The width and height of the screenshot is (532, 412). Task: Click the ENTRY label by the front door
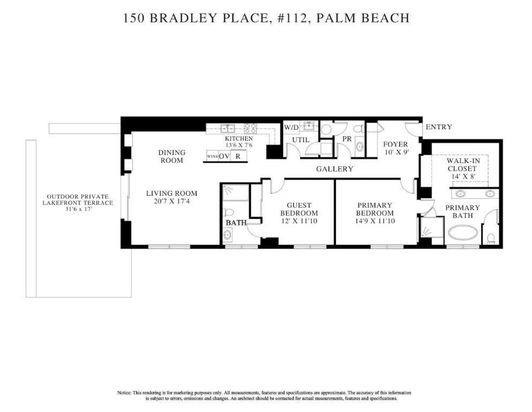438,127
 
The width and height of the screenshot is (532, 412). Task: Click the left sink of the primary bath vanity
460,194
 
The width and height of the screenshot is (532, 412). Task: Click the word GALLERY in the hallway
334,169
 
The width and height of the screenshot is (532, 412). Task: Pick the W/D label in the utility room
291,128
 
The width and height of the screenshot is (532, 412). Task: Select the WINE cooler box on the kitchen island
212,156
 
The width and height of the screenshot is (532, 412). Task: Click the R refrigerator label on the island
238,156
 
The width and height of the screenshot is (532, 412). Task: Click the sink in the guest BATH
228,234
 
